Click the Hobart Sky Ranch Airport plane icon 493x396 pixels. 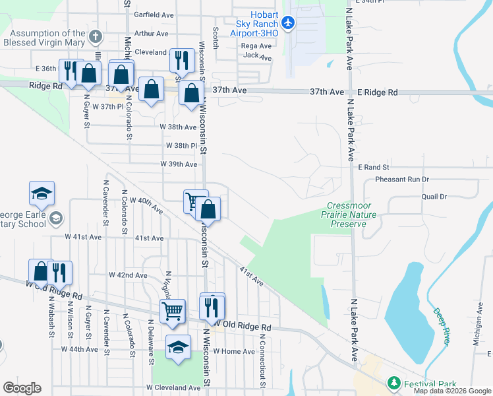tap(287, 22)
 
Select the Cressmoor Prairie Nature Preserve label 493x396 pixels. tap(349, 215)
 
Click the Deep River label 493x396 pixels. tap(441, 326)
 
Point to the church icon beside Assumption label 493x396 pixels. tap(96, 37)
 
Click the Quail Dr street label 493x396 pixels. tap(434, 197)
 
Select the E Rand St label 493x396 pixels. tap(374, 168)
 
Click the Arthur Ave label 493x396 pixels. tap(151, 33)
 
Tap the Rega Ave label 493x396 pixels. tap(256, 46)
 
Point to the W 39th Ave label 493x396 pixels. tap(179, 164)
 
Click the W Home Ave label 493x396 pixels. tap(233, 352)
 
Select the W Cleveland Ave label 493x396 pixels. tap(173, 387)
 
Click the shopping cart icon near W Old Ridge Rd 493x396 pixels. tap(172, 310)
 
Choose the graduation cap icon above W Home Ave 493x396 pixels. tap(178, 345)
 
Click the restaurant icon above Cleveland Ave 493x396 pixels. tap(180, 59)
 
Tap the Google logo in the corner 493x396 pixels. tap(22, 388)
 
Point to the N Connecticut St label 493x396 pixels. tap(262, 356)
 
